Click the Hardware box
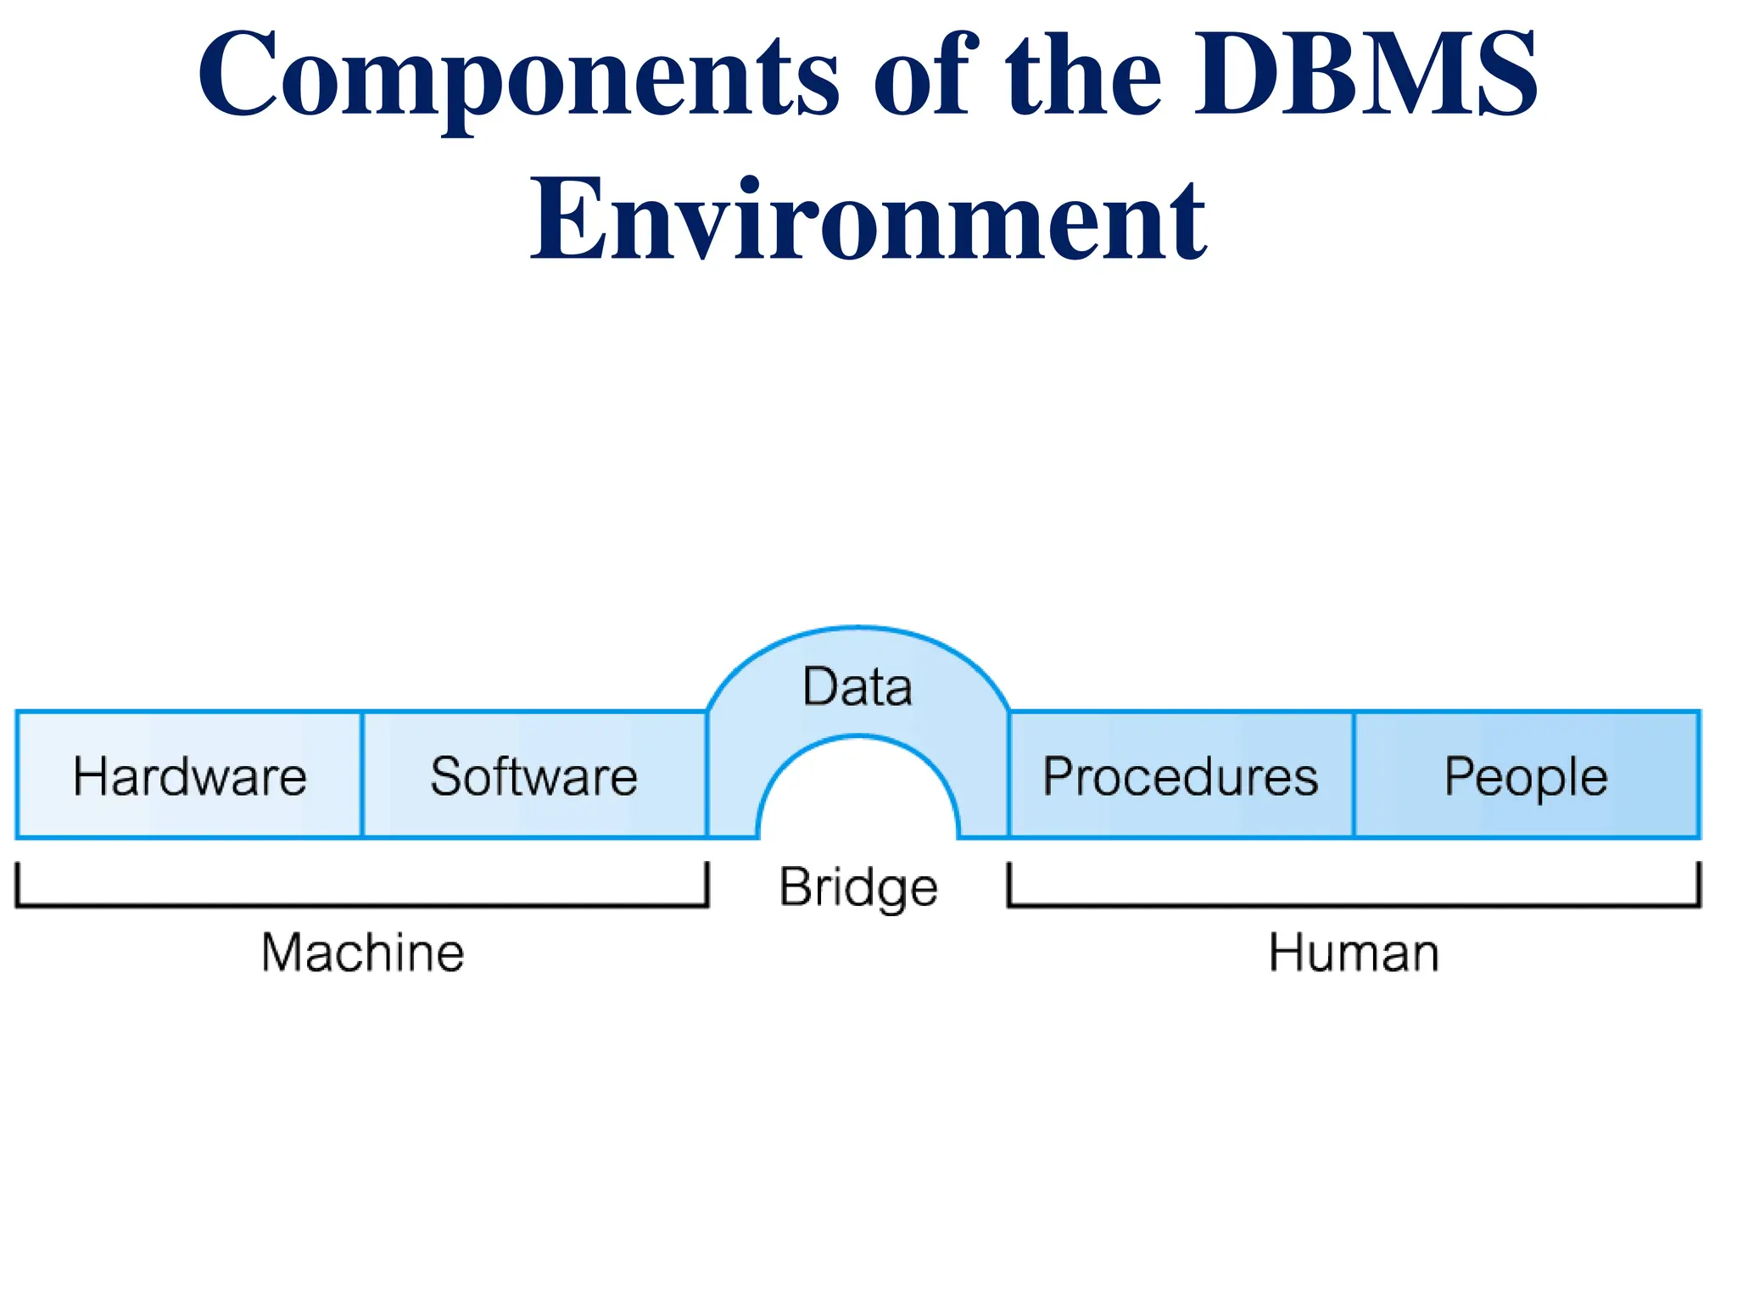click(x=189, y=775)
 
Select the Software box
click(x=534, y=775)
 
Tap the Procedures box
click(x=1181, y=775)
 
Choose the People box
click(x=1526, y=775)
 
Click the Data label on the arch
click(x=857, y=686)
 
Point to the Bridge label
click(x=858, y=887)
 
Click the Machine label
click(x=363, y=952)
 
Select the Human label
click(x=1354, y=952)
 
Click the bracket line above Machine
click(x=362, y=905)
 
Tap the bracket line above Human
click(x=1354, y=905)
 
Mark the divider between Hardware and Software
click(x=362, y=775)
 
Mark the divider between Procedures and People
click(x=1354, y=775)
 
